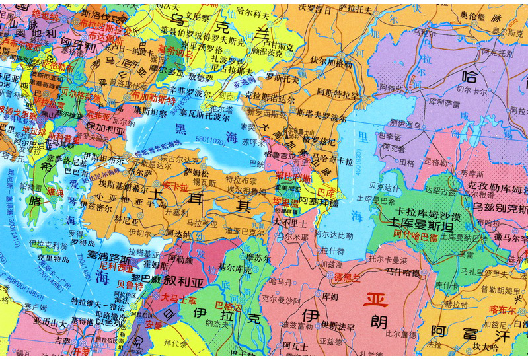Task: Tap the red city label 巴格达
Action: coord(228,305)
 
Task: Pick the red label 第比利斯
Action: coord(293,177)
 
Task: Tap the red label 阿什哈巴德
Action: coord(420,233)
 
